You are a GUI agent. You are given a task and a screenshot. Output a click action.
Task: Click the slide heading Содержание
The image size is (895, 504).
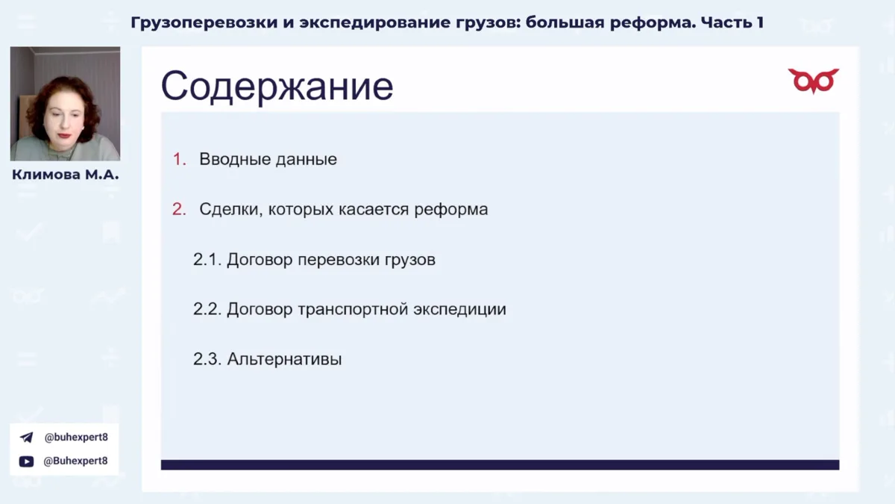click(277, 86)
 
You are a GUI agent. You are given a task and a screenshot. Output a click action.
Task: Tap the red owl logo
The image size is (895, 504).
click(814, 81)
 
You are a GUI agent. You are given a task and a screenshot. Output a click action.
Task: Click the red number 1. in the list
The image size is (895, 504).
click(180, 159)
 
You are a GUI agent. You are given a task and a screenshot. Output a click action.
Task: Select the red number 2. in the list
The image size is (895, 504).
click(180, 209)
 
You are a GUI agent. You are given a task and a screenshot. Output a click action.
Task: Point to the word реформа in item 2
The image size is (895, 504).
click(451, 210)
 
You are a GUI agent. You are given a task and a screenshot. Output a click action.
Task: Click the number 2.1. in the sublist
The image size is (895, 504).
click(207, 260)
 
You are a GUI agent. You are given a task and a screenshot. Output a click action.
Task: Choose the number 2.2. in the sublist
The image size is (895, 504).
click(207, 309)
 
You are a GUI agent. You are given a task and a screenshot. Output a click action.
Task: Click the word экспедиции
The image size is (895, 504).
click(459, 310)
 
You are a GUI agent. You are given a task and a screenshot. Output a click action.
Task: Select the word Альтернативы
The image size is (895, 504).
click(284, 359)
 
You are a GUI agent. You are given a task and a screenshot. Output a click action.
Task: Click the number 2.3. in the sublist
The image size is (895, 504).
click(207, 359)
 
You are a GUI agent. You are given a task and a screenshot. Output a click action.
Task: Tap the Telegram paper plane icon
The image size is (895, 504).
click(26, 438)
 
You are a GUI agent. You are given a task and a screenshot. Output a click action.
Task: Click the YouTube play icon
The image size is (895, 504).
click(26, 461)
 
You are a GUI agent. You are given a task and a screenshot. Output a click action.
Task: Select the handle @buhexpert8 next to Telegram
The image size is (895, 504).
click(76, 438)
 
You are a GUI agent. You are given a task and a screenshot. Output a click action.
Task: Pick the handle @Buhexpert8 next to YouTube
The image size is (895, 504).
click(75, 461)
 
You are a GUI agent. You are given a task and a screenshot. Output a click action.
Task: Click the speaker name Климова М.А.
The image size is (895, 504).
click(66, 175)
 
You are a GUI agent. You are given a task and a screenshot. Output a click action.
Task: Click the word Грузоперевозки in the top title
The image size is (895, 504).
click(204, 23)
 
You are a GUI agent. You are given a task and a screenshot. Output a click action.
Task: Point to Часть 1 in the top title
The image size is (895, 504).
click(732, 22)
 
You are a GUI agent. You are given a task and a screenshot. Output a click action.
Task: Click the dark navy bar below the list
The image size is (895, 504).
click(500, 464)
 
